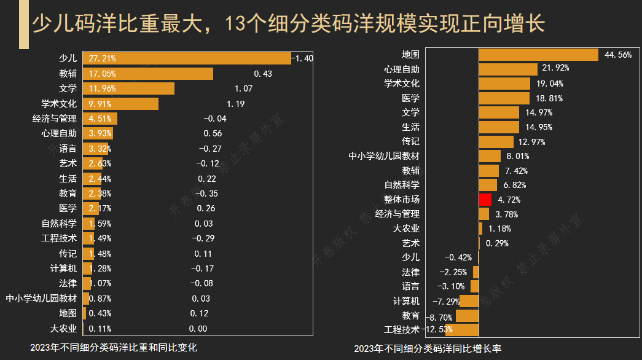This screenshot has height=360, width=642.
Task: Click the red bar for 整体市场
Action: click(x=485, y=200)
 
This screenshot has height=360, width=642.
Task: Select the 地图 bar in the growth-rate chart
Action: click(x=538, y=55)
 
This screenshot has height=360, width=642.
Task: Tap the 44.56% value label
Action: click(x=618, y=55)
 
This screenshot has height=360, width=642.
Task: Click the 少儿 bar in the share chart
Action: click(x=187, y=58)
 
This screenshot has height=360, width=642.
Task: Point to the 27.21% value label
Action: click(x=102, y=58)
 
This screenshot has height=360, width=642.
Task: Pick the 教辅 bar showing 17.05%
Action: click(x=147, y=74)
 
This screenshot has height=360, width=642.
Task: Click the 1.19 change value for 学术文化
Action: click(x=236, y=104)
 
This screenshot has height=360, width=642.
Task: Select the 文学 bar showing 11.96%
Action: click(x=128, y=88)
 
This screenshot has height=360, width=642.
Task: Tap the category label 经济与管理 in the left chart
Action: click(x=55, y=119)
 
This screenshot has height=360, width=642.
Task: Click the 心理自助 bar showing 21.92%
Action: click(x=507, y=69)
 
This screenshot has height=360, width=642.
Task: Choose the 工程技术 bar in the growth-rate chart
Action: click(x=462, y=330)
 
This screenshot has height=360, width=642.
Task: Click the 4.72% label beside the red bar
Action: click(x=509, y=200)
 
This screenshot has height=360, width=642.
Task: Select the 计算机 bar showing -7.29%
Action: click(x=469, y=301)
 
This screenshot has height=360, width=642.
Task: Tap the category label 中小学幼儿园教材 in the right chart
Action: click(x=384, y=156)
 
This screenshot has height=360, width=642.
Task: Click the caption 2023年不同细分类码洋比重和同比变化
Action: click(x=114, y=347)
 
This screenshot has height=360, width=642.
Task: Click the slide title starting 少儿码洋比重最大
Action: click(x=288, y=25)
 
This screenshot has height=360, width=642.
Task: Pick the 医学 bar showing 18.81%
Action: click(x=504, y=98)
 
